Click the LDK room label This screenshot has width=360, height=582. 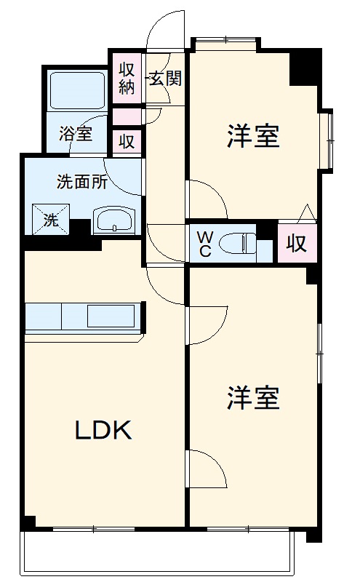pyautogui.click(x=104, y=431)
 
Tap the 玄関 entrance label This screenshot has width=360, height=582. pyautogui.click(x=166, y=78)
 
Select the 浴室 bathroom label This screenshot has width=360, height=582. pyautogui.click(x=76, y=134)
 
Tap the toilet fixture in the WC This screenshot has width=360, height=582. pyautogui.click(x=240, y=243)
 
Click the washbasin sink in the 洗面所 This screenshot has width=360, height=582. pyautogui.click(x=115, y=220)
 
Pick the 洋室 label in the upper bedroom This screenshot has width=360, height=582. pyautogui.click(x=253, y=136)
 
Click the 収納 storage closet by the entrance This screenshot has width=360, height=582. pyautogui.click(x=127, y=78)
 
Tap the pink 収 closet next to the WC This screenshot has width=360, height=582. pyautogui.click(x=296, y=243)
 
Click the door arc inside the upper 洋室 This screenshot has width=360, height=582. pyautogui.click(x=209, y=199)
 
